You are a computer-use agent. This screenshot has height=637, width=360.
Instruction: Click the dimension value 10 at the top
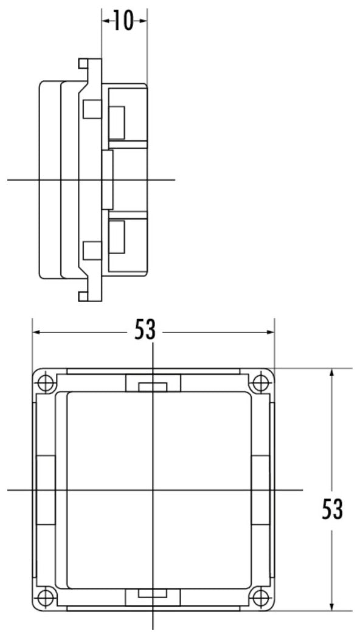tap(124, 21)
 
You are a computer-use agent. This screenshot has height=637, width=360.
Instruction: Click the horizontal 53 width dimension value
tap(145, 331)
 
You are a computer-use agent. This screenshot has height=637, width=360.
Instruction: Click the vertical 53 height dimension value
tap(332, 509)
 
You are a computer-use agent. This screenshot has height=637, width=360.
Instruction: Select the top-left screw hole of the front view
tap(46, 383)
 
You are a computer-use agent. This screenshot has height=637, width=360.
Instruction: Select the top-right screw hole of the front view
tap(260, 383)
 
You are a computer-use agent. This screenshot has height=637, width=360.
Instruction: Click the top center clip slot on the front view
tap(153, 387)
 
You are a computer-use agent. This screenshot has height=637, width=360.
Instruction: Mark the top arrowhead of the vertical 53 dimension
tap(332, 372)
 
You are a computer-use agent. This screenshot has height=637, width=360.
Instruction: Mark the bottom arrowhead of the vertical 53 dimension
tap(332, 607)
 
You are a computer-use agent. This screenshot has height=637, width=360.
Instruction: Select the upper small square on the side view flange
tap(91, 109)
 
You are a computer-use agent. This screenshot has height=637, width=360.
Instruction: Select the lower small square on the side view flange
tap(91, 250)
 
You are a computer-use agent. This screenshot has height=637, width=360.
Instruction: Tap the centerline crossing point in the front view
tap(153, 489)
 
